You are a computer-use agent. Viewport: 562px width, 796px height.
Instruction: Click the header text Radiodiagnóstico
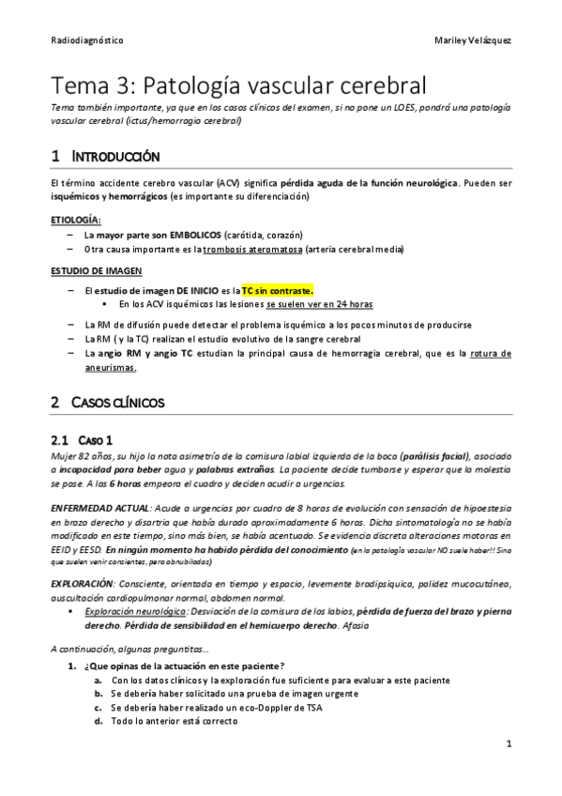coord(86,41)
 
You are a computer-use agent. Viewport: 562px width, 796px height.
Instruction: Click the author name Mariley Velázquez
coord(473,41)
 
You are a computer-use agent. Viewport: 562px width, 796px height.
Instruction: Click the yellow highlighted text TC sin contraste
coord(278,290)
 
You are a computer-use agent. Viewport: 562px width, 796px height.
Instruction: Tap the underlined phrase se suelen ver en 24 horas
coord(319,305)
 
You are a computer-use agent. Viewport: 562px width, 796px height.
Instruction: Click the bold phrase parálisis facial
coord(442,454)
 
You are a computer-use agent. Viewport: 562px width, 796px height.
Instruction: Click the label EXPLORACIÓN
coord(83,584)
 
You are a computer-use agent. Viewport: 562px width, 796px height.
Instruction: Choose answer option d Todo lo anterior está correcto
coord(174,721)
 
